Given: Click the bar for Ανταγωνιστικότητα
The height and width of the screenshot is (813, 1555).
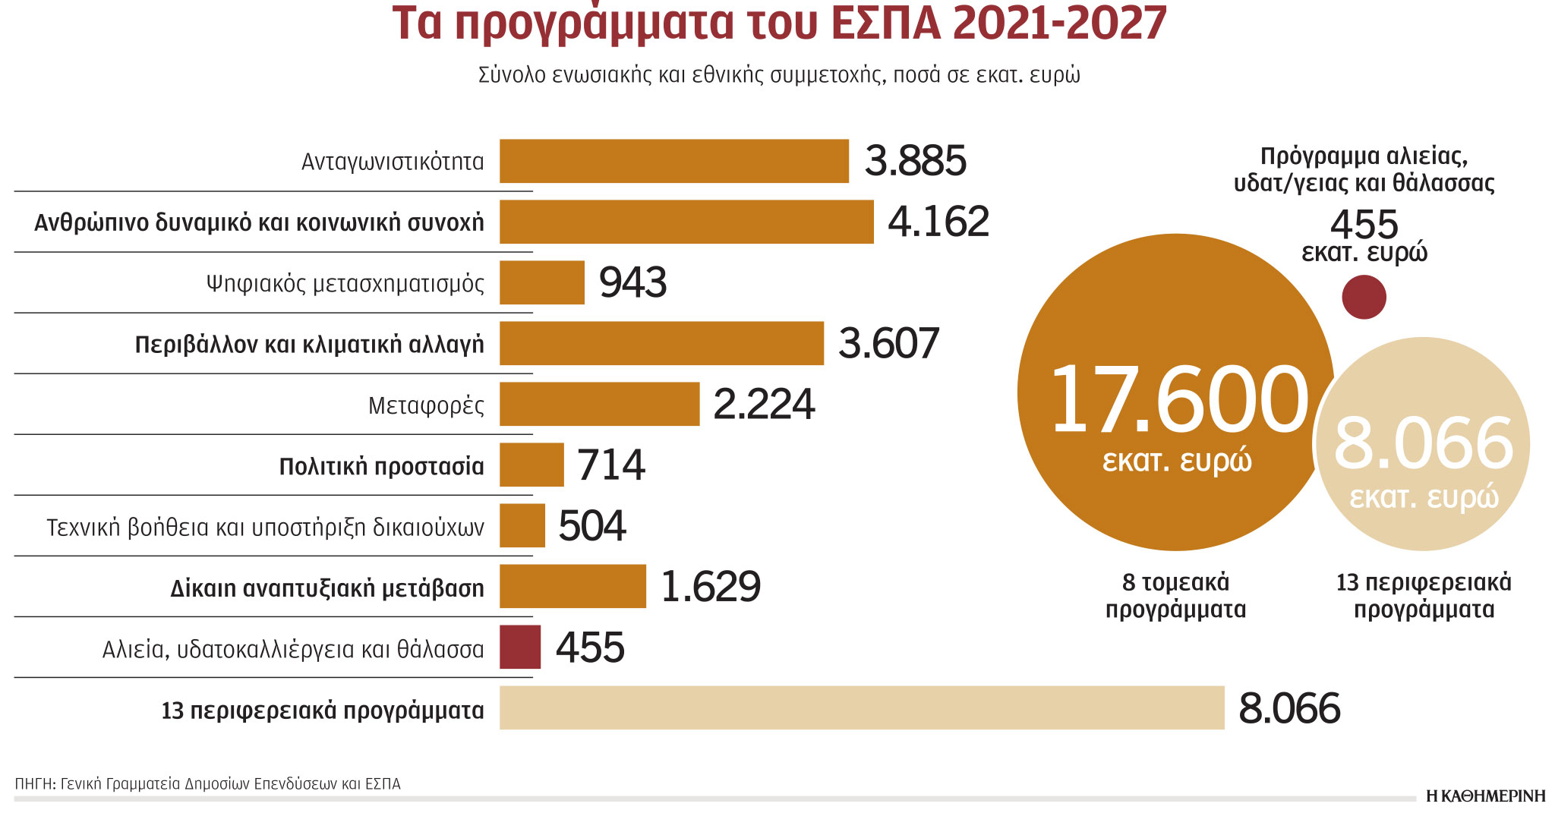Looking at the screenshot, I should (x=673, y=161).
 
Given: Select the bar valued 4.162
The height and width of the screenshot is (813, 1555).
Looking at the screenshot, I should (x=686, y=222).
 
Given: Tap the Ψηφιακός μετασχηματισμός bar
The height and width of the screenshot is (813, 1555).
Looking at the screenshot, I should (x=541, y=282).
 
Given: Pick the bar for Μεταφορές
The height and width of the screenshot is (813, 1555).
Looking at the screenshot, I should (x=599, y=404).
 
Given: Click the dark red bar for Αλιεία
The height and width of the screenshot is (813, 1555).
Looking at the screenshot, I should (x=520, y=647).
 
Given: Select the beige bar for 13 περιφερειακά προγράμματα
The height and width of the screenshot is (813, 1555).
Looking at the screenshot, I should (x=862, y=707).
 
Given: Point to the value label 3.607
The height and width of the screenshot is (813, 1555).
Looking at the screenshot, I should (x=888, y=343).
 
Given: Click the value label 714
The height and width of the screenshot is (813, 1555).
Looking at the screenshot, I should (x=610, y=465).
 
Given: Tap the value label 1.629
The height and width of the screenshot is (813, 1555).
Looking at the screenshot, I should (x=710, y=586).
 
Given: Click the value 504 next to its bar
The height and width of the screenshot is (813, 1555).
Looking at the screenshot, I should (x=591, y=525).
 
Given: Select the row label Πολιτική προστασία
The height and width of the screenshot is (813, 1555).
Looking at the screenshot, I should (x=381, y=466).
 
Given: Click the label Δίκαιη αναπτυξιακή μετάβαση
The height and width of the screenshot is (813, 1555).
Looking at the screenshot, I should (x=326, y=588).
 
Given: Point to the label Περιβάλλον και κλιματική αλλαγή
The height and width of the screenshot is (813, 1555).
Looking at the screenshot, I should (x=309, y=345).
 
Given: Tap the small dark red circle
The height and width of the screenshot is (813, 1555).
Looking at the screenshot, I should (x=1364, y=297).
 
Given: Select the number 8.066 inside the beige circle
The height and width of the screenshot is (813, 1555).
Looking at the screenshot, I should (x=1424, y=443).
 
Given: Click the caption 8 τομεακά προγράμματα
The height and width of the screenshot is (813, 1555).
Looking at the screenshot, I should (x=1175, y=596).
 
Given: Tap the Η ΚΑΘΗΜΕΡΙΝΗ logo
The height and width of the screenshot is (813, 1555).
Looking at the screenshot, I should (x=1485, y=796).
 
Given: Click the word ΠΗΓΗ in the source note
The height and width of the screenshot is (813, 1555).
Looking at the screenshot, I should (x=33, y=783).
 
